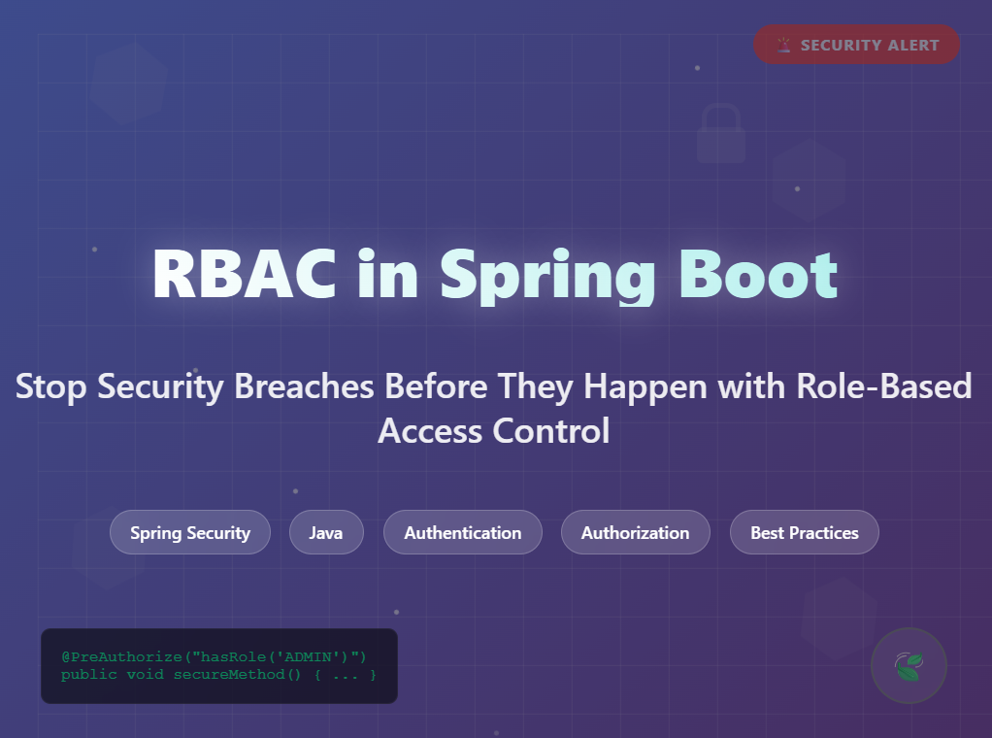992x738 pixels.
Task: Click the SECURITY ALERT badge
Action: (856, 45)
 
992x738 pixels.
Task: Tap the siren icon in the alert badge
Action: (784, 45)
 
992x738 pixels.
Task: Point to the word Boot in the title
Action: (757, 276)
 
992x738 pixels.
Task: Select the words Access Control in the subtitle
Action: (494, 430)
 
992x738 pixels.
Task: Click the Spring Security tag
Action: (190, 532)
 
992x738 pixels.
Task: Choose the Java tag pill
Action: (326, 532)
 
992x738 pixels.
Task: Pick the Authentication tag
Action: (463, 532)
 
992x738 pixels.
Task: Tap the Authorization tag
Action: (636, 532)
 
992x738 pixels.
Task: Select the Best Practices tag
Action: (805, 532)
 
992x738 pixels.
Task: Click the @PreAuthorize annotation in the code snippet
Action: (110, 657)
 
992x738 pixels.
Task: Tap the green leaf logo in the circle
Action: (909, 666)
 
